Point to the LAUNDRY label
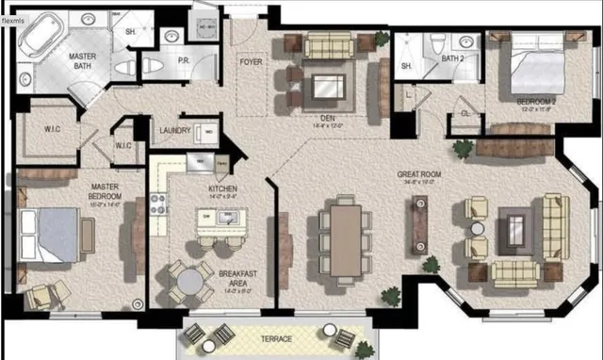(176, 131)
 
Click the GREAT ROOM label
(421, 174)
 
